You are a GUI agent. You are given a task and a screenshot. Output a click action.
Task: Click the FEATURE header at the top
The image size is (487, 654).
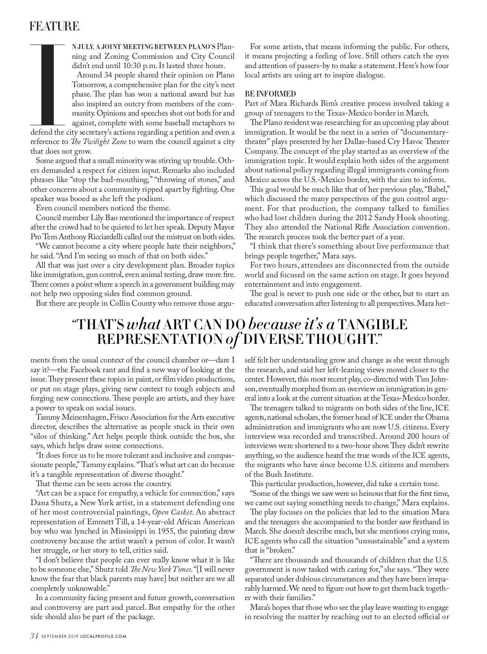(54, 27)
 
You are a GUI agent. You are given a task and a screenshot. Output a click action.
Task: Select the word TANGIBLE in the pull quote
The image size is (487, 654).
(372, 324)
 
